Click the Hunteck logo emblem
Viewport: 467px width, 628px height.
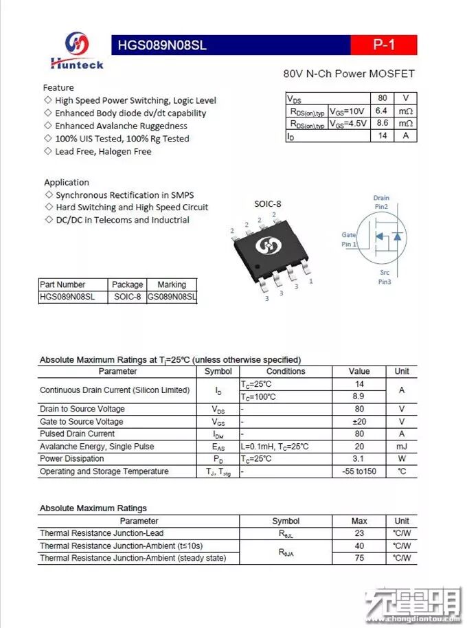coord(77,44)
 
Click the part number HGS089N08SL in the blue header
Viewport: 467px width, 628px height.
coord(162,46)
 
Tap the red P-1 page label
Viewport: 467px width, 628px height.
coord(383,45)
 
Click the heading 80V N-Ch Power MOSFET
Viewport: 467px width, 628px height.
coord(349,74)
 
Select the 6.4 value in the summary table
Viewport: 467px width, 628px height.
coord(382,111)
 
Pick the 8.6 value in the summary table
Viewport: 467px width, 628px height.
coord(382,123)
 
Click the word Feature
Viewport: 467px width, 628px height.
coord(58,87)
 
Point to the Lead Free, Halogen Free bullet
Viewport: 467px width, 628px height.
coord(103,151)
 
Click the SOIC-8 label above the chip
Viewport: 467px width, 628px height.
coord(268,203)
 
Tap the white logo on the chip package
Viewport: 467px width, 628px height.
coord(265,245)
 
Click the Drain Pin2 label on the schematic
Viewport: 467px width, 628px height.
coord(381,202)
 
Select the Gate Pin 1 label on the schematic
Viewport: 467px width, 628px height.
coord(349,239)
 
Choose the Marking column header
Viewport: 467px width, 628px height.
coord(172,284)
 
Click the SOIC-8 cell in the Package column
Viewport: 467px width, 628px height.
coord(128,298)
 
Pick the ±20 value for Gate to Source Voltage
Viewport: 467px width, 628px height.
coord(359,421)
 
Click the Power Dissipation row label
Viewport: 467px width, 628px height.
coord(72,458)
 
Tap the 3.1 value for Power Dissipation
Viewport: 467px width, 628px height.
coord(359,458)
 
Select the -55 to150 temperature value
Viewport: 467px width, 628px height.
coord(359,471)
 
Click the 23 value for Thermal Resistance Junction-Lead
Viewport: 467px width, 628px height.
coord(359,533)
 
